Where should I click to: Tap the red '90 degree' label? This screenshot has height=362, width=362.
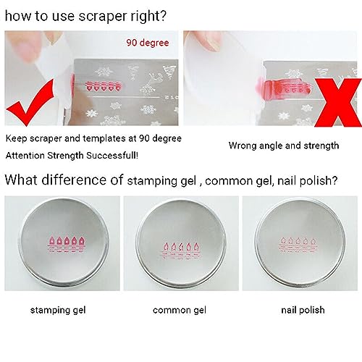pyautogui.click(x=148, y=43)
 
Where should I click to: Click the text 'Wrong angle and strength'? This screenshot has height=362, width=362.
pyautogui.click(x=283, y=146)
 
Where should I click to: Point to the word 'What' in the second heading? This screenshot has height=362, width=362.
pyautogui.click(x=22, y=179)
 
